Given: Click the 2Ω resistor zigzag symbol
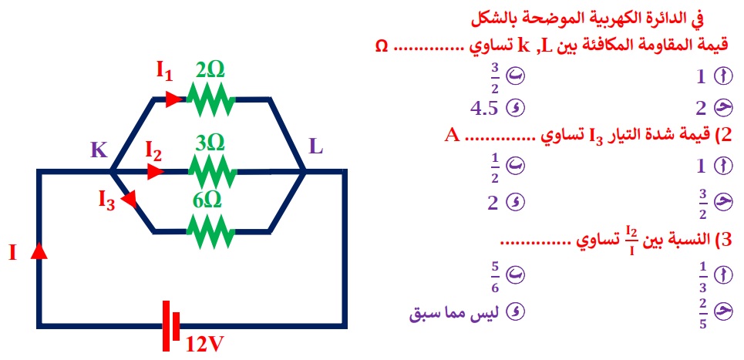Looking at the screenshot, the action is [x=211, y=99].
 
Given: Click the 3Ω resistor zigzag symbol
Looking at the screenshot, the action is [x=212, y=172].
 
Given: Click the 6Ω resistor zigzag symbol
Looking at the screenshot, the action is [x=211, y=231].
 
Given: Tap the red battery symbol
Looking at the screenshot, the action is [x=171, y=326].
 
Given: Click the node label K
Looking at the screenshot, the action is [x=99, y=150].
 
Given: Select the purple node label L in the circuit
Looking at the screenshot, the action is [x=316, y=147].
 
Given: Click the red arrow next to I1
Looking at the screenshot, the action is [x=174, y=99].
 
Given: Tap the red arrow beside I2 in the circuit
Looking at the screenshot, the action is [x=156, y=172].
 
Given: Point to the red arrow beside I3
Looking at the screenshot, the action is [x=130, y=200].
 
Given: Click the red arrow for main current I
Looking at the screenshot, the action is [x=39, y=250].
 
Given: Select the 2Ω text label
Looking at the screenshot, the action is [x=209, y=71].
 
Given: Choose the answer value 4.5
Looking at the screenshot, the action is [x=484, y=109].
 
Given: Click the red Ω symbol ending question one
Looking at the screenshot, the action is [x=381, y=46].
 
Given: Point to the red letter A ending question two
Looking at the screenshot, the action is [x=453, y=136].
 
